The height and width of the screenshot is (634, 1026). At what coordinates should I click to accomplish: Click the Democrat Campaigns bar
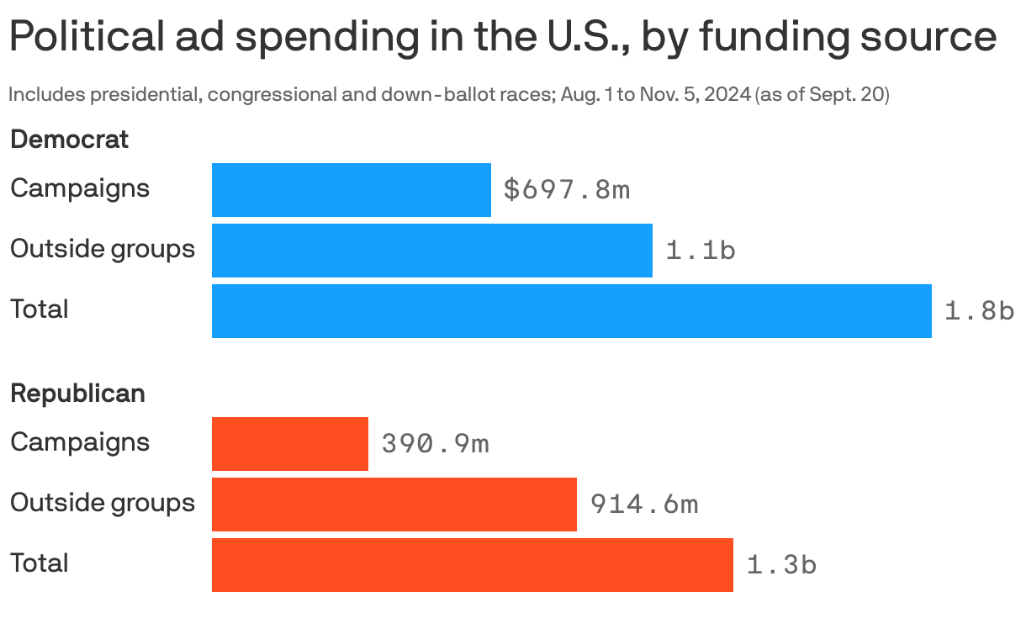(x=351, y=190)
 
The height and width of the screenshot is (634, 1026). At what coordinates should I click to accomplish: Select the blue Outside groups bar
(x=431, y=251)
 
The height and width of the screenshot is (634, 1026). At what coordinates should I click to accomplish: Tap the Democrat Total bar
(x=571, y=311)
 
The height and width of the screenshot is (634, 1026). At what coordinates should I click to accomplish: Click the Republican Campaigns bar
(x=289, y=444)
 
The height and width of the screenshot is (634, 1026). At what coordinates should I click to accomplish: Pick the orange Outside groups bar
(x=394, y=505)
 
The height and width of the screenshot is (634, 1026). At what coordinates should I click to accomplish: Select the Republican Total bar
(x=472, y=565)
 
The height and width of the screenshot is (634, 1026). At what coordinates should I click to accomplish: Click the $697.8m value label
(x=566, y=190)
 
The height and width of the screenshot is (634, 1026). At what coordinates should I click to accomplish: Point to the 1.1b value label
(x=700, y=251)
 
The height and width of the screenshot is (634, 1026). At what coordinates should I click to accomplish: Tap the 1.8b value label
(x=979, y=312)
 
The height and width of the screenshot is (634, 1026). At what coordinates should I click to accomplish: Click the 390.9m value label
(x=435, y=444)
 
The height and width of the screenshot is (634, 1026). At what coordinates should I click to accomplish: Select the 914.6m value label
(x=643, y=505)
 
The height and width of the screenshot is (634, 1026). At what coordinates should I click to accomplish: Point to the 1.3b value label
(x=781, y=565)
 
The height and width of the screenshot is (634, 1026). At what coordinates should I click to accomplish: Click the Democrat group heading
(x=69, y=140)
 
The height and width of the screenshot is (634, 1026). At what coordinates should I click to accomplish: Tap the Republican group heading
(x=77, y=394)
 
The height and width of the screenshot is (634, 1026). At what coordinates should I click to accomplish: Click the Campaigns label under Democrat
(x=80, y=188)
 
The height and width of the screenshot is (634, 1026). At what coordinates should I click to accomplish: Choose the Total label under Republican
(x=39, y=563)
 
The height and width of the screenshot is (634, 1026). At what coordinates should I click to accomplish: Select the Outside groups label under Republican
(x=102, y=503)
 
